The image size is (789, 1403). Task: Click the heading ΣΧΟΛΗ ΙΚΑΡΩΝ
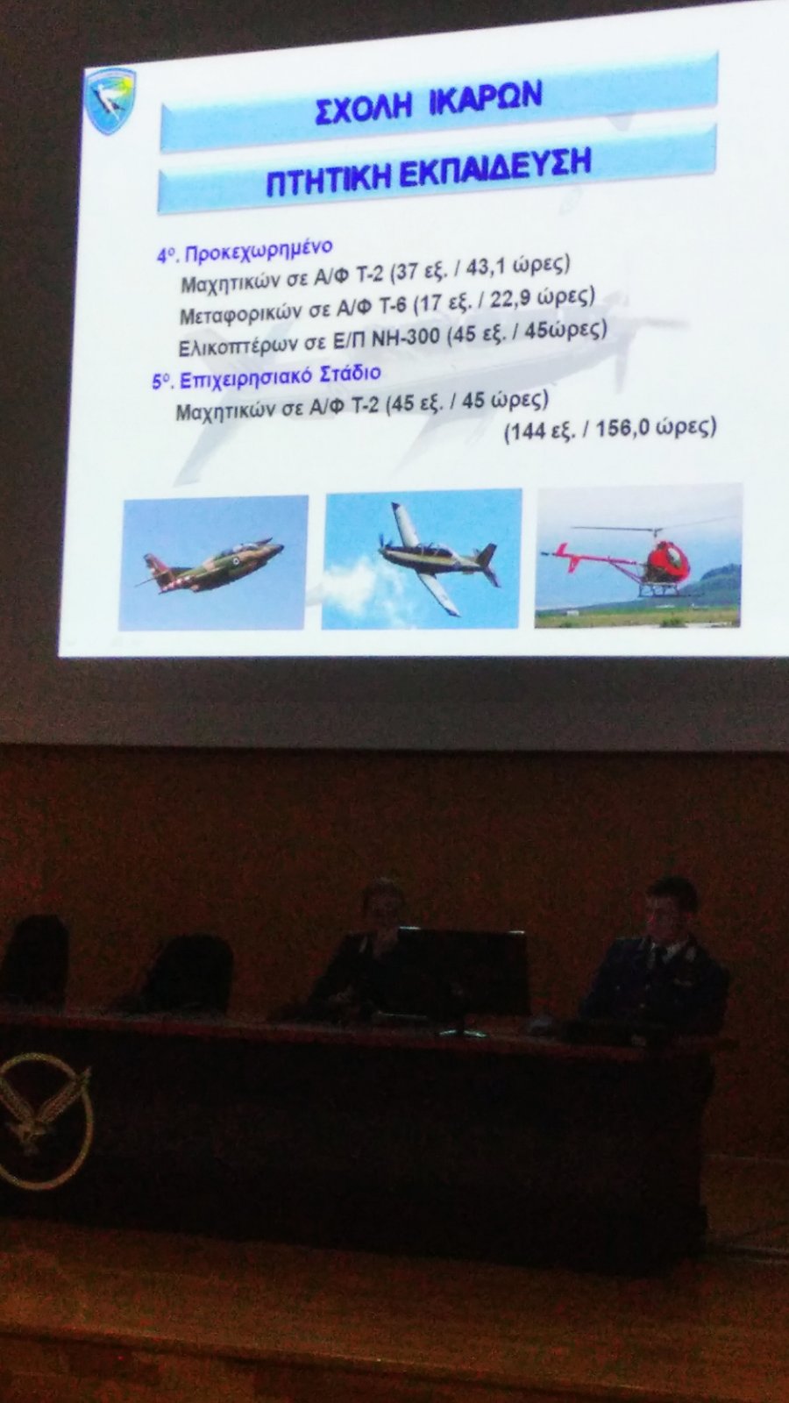429,103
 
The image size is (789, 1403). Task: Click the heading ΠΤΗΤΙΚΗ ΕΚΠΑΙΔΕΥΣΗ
428,172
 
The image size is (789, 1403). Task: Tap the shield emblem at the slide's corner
110,100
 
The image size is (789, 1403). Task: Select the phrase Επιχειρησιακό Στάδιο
278,376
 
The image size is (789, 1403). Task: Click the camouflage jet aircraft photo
214,562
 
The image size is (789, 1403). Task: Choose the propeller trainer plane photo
422,559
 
